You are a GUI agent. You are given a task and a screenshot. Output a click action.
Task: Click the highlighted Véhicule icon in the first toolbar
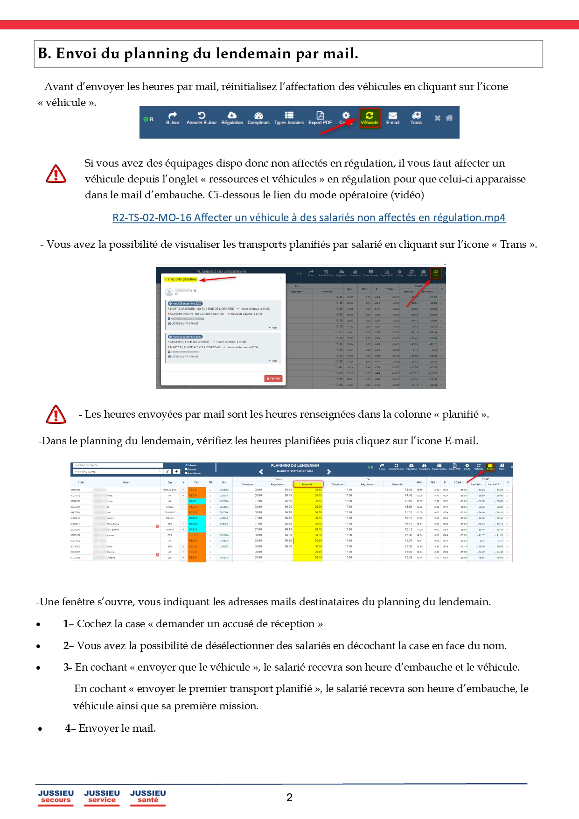[369, 118]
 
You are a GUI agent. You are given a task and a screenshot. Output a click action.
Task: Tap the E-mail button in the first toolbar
[393, 118]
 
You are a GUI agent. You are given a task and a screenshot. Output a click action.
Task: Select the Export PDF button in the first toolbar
[320, 118]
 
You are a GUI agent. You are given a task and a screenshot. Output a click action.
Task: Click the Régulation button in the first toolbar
[232, 118]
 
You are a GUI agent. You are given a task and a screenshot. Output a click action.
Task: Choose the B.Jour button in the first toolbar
[173, 118]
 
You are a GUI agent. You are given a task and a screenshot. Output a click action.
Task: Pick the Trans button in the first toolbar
[416, 118]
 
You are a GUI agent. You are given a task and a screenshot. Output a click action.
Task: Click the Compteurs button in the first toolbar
[258, 118]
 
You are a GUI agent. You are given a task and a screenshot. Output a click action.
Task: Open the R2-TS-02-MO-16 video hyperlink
[309, 217]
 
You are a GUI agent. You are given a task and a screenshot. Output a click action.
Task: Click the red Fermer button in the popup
[273, 378]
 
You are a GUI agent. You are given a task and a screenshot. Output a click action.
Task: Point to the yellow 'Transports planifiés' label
[181, 279]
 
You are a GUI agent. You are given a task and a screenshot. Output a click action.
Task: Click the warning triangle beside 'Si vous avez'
[56, 174]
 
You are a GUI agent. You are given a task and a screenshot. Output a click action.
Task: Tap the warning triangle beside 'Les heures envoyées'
[56, 414]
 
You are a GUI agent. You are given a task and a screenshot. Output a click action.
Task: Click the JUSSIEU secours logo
[56, 797]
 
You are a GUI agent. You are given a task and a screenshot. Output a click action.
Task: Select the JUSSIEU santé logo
[148, 797]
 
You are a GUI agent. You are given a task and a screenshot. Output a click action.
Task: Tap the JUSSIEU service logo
[102, 797]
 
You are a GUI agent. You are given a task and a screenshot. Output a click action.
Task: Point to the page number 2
[289, 798]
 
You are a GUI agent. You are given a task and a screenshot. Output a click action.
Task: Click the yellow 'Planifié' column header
[307, 484]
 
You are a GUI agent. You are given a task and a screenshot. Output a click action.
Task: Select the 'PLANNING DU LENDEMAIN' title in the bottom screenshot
[295, 465]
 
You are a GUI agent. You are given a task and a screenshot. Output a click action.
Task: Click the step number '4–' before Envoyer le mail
[70, 728]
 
